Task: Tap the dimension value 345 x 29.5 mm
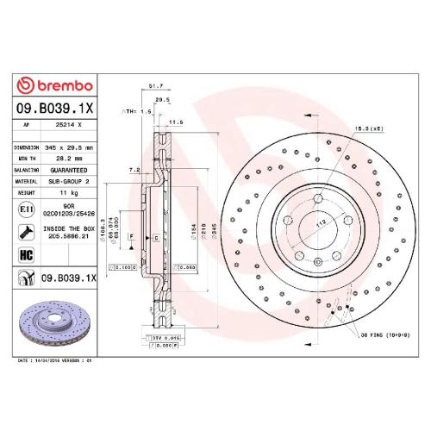pyautogui.click(x=68, y=147)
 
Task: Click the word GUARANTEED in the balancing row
pyautogui.click(x=68, y=170)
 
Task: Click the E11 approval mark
pyautogui.click(x=26, y=209)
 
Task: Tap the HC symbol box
pyautogui.click(x=26, y=255)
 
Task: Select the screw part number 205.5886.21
pyautogui.click(x=69, y=234)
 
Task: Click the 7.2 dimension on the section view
pyautogui.click(x=134, y=171)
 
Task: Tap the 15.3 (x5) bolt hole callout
pyautogui.click(x=369, y=128)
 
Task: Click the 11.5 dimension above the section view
pyautogui.click(x=176, y=122)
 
